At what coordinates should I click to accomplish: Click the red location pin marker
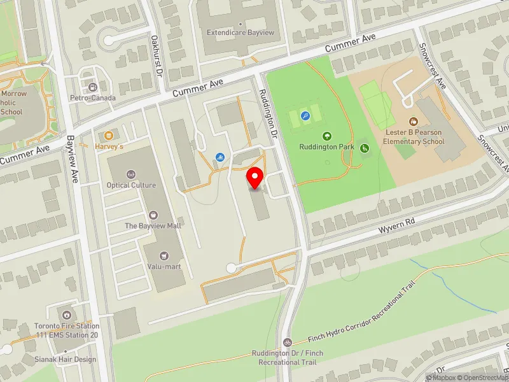pos(256,178)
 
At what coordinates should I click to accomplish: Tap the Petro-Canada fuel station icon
pos(93,87)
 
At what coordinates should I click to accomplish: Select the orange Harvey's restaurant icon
pos(109,135)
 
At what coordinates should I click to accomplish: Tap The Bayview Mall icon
pos(152,215)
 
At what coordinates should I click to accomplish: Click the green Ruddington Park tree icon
pos(327,136)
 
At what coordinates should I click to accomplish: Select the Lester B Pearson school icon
pos(413,120)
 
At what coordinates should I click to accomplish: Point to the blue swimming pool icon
pos(220,157)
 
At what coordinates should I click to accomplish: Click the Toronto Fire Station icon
pos(67,315)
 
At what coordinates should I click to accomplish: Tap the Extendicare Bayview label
pos(235,32)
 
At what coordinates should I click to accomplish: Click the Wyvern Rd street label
pos(396,224)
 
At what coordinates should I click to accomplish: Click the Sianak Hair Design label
pos(66,359)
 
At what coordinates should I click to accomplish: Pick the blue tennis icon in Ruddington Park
pos(305,116)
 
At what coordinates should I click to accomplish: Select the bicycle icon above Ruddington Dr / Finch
pos(288,343)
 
